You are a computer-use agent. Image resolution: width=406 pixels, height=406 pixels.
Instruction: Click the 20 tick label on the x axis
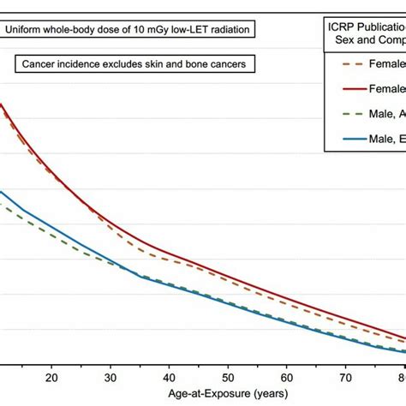click(51, 377)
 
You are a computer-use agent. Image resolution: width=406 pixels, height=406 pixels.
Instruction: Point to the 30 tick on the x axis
click(110, 377)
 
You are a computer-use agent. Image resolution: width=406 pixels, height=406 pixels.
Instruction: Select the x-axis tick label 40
click(170, 377)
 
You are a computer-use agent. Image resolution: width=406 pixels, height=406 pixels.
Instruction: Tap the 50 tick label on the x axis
click(229, 377)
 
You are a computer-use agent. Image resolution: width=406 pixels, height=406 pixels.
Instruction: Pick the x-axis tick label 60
click(288, 377)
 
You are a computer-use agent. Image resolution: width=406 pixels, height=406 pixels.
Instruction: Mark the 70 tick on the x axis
click(347, 377)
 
